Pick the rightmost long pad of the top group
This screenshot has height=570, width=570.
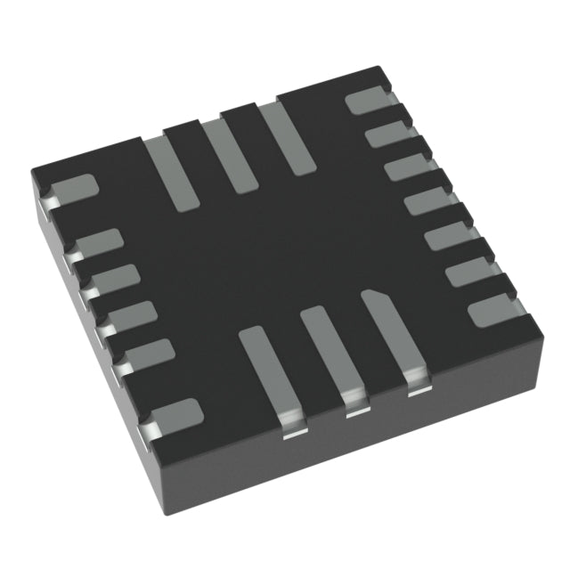287,138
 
